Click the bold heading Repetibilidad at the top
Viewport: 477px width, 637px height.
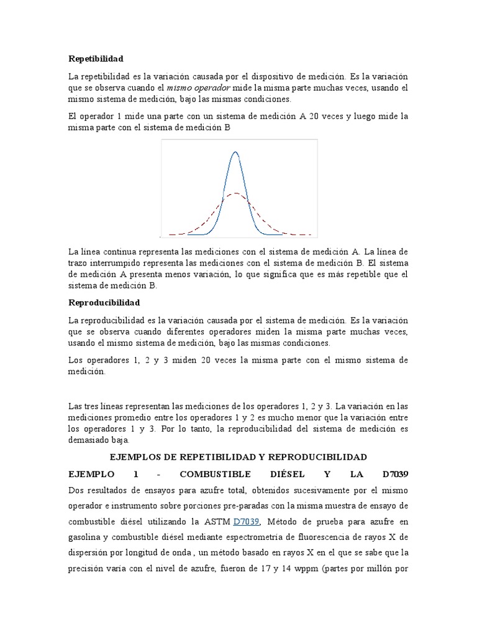tap(96, 58)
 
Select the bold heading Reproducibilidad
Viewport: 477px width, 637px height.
tap(104, 302)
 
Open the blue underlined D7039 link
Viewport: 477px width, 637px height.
tap(245, 521)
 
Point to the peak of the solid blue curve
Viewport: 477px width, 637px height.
tap(235, 152)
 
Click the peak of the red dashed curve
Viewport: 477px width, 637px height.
tap(235, 194)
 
